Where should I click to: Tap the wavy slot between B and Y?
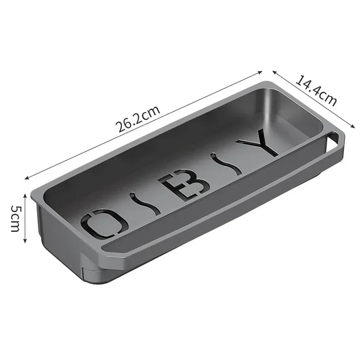click(x=225, y=164)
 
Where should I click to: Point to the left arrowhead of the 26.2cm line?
click(x=26, y=177)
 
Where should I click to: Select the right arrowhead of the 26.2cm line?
click(x=261, y=72)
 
